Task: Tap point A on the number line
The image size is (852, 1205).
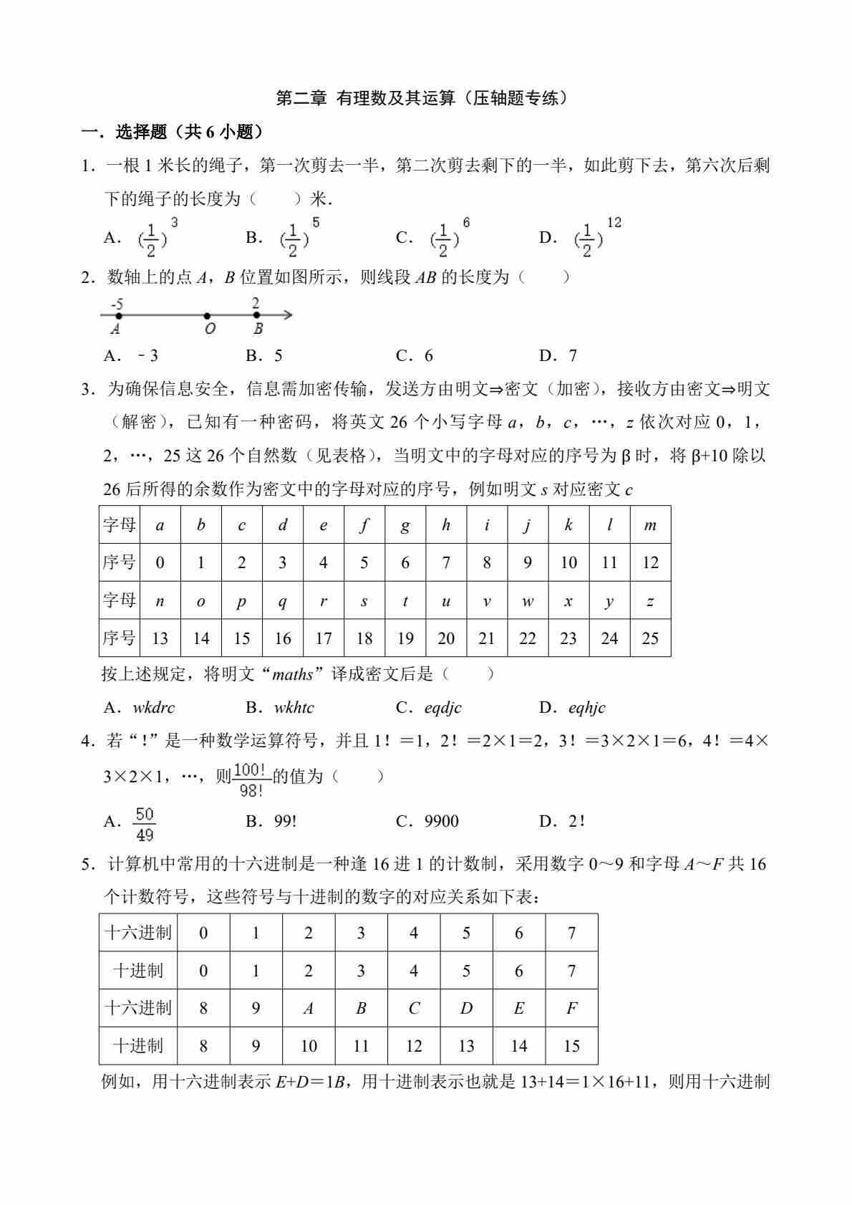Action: tap(118, 315)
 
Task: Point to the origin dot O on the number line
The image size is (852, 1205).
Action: tap(207, 316)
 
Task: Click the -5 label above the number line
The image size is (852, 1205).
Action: tap(117, 304)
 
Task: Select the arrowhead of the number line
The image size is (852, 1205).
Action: tap(288, 315)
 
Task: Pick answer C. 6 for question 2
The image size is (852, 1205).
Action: tap(415, 356)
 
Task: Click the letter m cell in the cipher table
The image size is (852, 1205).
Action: tap(650, 525)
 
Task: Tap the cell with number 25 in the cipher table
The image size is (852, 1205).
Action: tap(650, 638)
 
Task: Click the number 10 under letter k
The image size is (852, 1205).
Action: tap(568, 563)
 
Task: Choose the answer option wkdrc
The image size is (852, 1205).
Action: tap(153, 708)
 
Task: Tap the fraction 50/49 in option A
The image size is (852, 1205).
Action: tap(145, 825)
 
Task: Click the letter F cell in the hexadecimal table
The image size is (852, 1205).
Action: tap(571, 1009)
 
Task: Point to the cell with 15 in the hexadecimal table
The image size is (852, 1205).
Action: tap(571, 1046)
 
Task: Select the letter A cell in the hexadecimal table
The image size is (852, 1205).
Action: tap(309, 1009)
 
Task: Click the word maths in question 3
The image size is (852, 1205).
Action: tap(293, 675)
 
